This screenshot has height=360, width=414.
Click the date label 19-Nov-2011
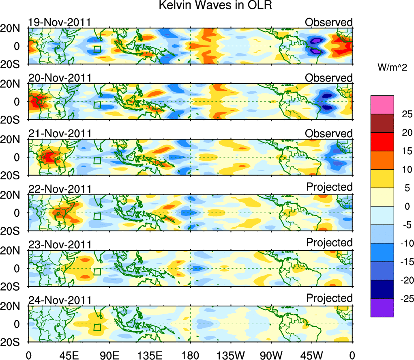(x=59, y=22)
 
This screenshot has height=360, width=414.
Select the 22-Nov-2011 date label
(x=59, y=189)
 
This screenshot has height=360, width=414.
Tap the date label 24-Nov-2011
(x=59, y=300)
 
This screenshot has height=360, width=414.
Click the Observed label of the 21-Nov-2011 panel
(x=329, y=134)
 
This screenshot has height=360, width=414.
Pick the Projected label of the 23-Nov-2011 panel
(x=329, y=243)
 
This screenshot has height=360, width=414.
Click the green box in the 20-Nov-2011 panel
(x=97, y=105)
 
